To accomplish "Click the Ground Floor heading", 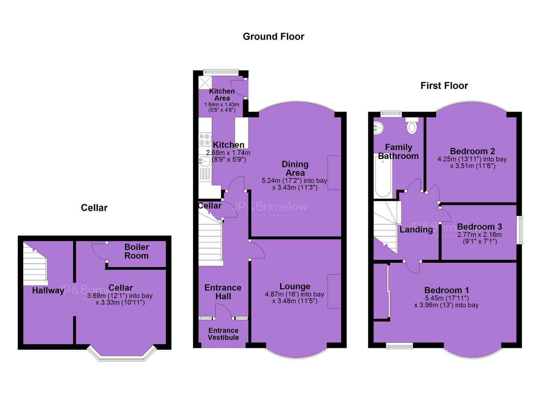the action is click(x=273, y=37).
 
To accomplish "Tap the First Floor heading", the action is click(x=444, y=86).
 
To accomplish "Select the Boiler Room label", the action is click(x=136, y=251).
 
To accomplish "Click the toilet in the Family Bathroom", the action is click(x=412, y=126).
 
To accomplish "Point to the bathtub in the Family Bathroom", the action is click(x=383, y=176).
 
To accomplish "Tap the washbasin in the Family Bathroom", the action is click(x=378, y=128).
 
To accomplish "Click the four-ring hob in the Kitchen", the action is click(x=205, y=139).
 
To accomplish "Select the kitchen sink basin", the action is click(x=204, y=161).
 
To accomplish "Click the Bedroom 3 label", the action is click(x=479, y=227).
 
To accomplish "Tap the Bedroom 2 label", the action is click(x=472, y=151).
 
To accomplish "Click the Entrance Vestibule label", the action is click(x=223, y=334).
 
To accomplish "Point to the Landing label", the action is click(x=416, y=229).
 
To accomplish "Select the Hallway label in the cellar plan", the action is click(x=48, y=290).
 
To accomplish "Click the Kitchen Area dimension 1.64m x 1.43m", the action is click(x=221, y=104).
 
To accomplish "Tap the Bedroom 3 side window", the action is click(x=521, y=230).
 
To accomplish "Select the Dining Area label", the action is click(x=295, y=168).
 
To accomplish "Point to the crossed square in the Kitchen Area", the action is click(x=205, y=83).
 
